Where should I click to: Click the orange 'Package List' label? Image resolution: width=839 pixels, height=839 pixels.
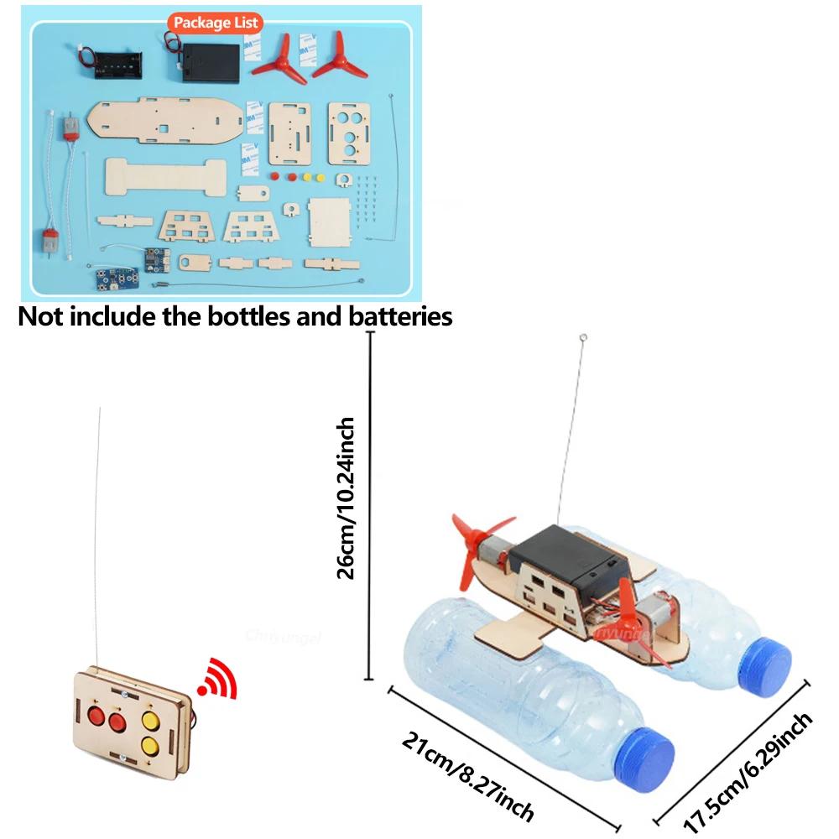coord(215,23)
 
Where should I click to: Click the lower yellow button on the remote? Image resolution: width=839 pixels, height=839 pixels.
coord(152,743)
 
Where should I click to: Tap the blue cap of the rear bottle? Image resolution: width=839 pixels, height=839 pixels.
coord(767,660)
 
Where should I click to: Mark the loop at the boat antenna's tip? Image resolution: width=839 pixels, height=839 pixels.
coord(583,339)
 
